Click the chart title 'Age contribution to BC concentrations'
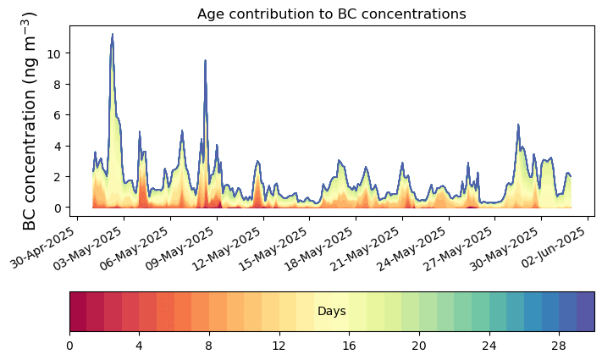(x=331, y=14)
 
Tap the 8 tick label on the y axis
(x=56, y=84)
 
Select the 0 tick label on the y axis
(x=56, y=208)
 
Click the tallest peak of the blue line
(x=112, y=35)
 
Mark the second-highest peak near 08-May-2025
(x=205, y=61)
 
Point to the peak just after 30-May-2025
(x=518, y=125)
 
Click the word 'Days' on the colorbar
(x=331, y=312)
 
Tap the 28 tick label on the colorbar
(x=559, y=346)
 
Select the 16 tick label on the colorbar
(x=349, y=346)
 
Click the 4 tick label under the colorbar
(x=140, y=346)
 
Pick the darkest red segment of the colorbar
(x=78, y=312)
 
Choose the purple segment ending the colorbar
(x=585, y=312)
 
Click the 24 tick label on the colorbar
(x=489, y=346)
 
